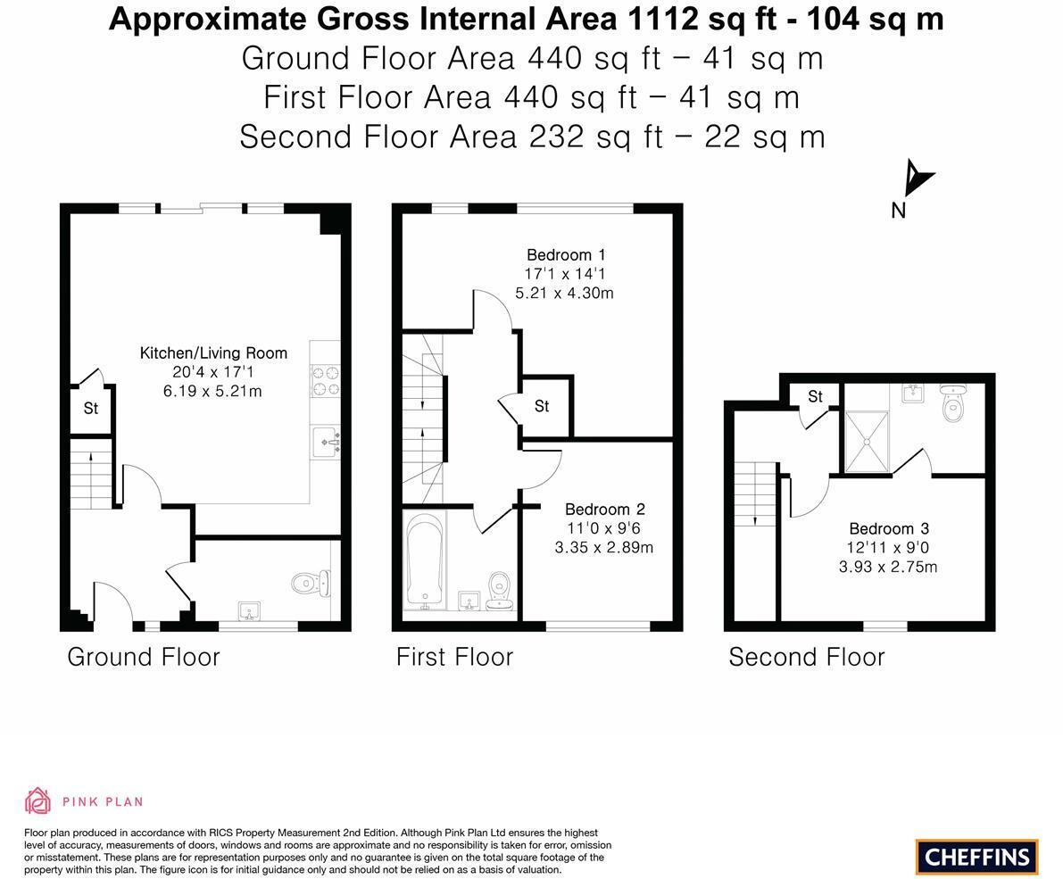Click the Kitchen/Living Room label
(x=213, y=353)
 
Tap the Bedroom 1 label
(x=566, y=255)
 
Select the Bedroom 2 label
(x=605, y=509)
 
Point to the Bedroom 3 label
(x=889, y=528)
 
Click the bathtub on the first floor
(x=425, y=561)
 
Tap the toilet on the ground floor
(x=311, y=582)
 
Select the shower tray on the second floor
(x=867, y=441)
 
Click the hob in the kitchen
(x=326, y=380)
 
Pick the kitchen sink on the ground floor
(x=326, y=444)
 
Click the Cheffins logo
(x=977, y=857)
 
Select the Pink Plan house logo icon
(x=38, y=801)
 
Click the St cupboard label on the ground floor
(x=91, y=408)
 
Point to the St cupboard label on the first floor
(x=542, y=406)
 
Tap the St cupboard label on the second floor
(x=816, y=396)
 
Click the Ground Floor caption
(x=144, y=657)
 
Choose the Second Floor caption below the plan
(x=807, y=657)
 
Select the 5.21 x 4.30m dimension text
(x=565, y=294)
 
